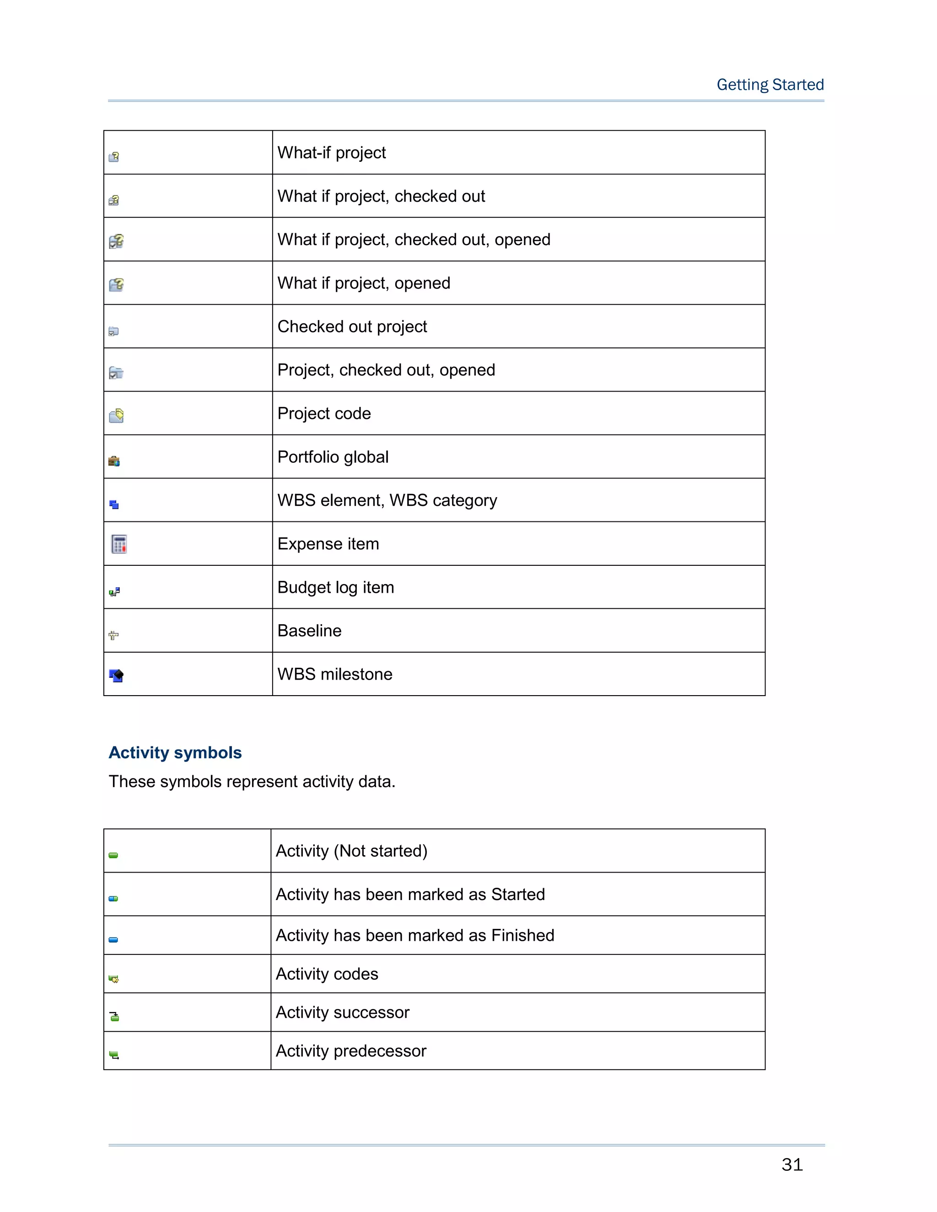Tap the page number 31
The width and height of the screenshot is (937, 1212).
coord(792,1164)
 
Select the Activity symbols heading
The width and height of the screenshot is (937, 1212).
coord(175,752)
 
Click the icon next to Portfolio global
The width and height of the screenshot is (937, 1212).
coord(114,461)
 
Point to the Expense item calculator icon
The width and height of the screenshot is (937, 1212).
coord(119,544)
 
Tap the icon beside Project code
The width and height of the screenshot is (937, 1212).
coord(116,416)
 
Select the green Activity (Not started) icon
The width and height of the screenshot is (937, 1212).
coord(113,855)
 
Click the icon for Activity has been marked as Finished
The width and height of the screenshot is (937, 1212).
coord(113,939)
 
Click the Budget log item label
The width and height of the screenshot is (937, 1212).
coord(335,587)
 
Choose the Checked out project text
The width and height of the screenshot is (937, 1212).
coord(352,326)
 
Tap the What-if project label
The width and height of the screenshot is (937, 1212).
coord(331,153)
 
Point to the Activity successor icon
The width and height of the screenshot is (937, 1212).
coord(114,1016)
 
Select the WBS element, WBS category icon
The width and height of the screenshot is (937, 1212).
coord(114,504)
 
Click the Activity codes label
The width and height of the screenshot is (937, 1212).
coord(327,974)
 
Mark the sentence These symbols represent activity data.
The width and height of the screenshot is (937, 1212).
coord(252,781)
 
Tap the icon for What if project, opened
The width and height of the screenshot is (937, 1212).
coord(116,284)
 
